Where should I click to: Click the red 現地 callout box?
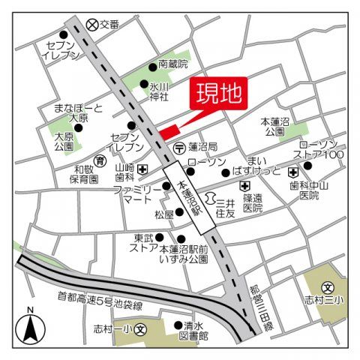coord(220,94)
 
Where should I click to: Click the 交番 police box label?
coord(109,25)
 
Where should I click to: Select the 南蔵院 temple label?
coord(173,65)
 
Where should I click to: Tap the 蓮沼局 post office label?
coord(202,147)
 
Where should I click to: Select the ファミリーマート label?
coord(137,196)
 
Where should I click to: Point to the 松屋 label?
coord(164,214)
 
